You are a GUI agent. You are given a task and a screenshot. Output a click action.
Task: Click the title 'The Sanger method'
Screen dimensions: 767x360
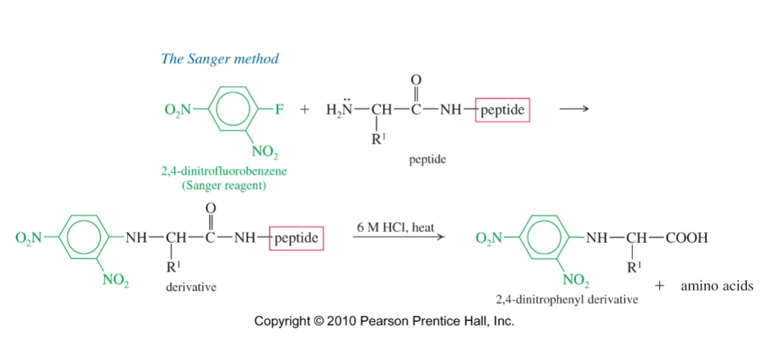pyautogui.click(x=220, y=59)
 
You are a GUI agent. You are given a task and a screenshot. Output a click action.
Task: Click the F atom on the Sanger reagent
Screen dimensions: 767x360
pyautogui.click(x=279, y=109)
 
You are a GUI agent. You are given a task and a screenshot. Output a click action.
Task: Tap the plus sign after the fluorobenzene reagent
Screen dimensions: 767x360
pyautogui.click(x=305, y=110)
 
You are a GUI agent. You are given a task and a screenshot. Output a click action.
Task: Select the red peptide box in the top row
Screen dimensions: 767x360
pyautogui.click(x=503, y=110)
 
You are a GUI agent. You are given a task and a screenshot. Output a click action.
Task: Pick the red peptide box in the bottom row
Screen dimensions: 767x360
pyautogui.click(x=297, y=239)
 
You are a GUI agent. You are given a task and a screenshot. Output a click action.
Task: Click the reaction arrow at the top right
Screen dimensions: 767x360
pyautogui.click(x=574, y=109)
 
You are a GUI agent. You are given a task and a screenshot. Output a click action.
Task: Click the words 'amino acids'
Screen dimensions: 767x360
pyautogui.click(x=717, y=286)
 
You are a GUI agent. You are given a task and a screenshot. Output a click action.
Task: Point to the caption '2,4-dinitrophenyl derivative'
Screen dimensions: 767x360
pyautogui.click(x=567, y=300)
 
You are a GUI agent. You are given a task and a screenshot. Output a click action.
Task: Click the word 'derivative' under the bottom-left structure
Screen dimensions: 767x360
pyautogui.click(x=191, y=287)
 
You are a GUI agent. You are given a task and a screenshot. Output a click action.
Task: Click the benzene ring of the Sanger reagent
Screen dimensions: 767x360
pyautogui.click(x=232, y=110)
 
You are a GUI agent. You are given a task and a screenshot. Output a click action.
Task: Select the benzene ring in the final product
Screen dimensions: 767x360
pyautogui.click(x=544, y=239)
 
